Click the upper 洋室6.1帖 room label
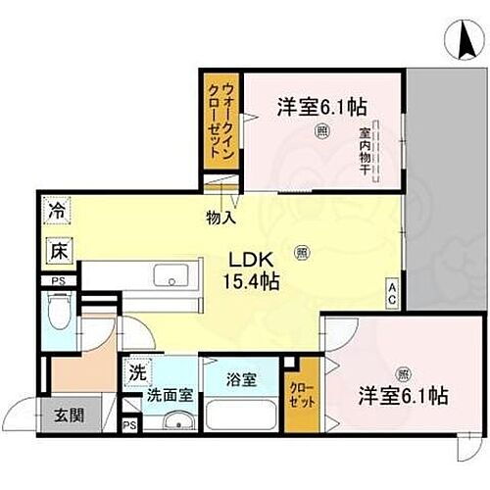307,107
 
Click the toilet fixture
60,317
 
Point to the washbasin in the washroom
175,422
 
